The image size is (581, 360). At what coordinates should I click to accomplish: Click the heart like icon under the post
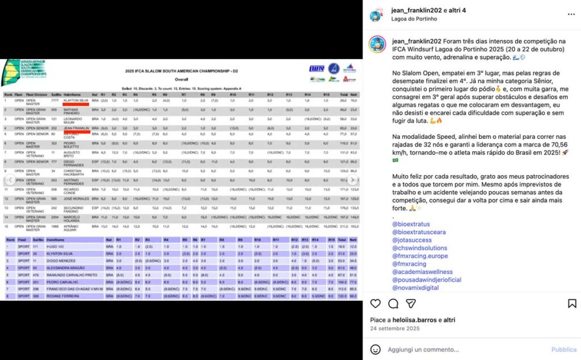coord(376,304)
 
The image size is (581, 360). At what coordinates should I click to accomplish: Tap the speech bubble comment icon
coord(393,304)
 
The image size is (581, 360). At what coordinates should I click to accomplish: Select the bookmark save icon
coord(572,304)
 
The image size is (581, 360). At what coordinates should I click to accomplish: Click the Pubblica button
coord(563,350)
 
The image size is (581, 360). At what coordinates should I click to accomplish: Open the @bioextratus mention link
coord(411,225)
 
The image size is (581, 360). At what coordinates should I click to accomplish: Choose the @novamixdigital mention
coord(415,288)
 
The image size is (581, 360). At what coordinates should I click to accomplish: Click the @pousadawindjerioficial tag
coord(427,280)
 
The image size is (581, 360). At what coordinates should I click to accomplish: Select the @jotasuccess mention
coord(411,240)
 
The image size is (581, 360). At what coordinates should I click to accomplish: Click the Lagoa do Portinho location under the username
coord(414,19)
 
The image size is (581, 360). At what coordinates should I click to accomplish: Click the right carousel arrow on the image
coord(352,180)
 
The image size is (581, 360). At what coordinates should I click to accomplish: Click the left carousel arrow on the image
coord(9,180)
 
